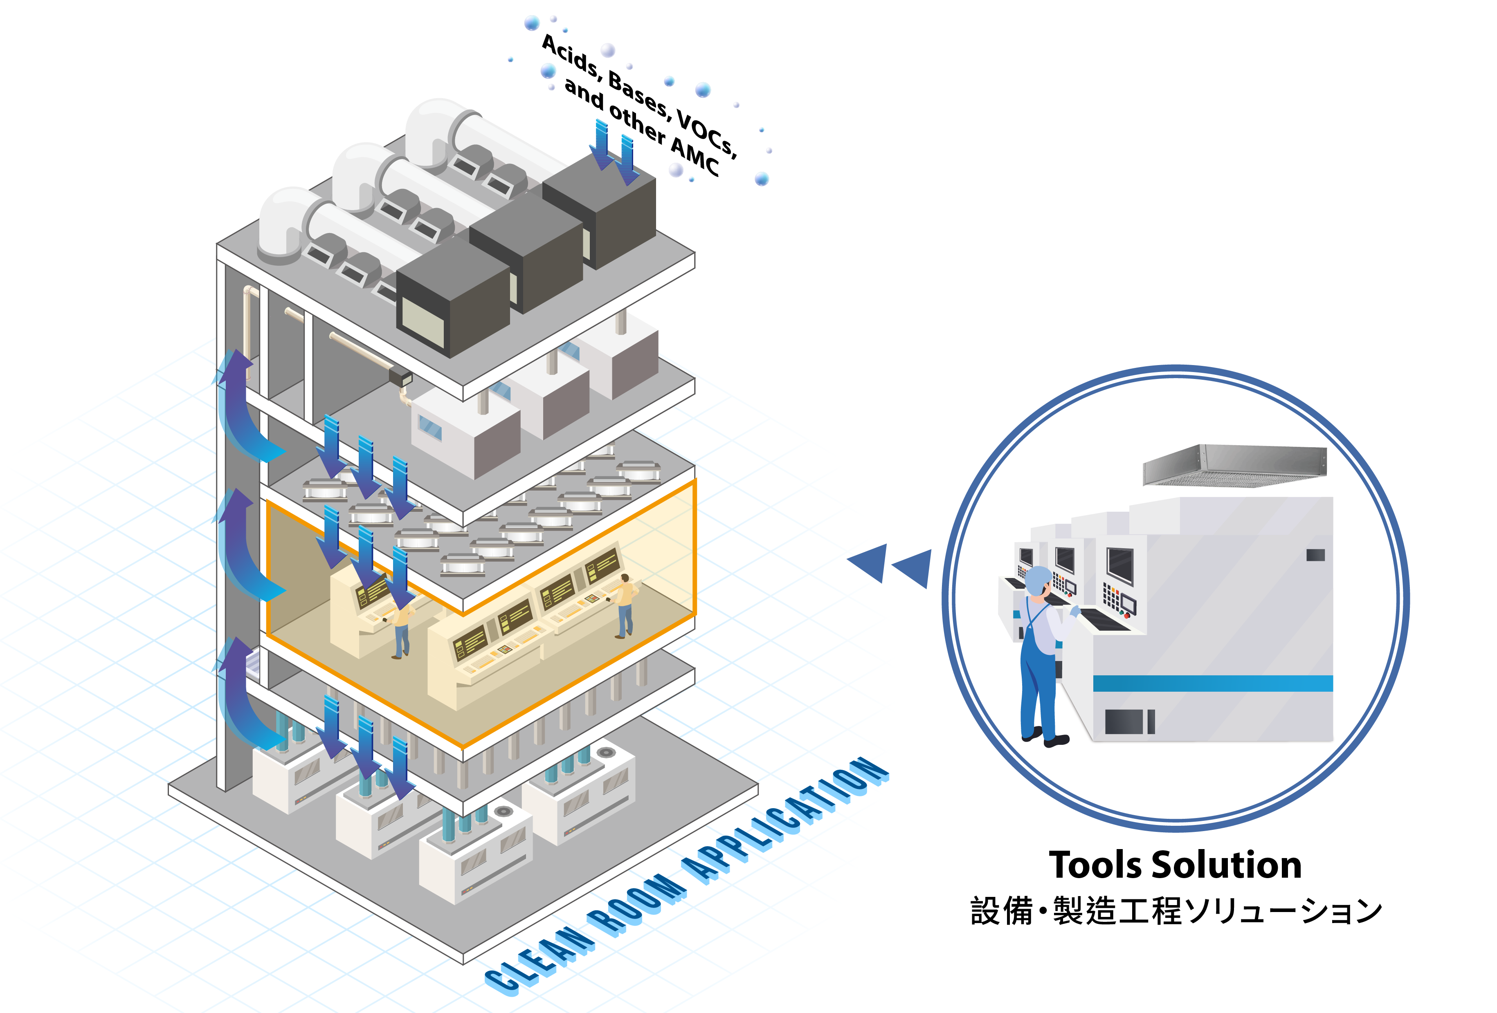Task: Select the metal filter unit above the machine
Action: click(1234, 465)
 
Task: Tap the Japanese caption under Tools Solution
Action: click(1176, 911)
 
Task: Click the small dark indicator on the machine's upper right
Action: click(1315, 555)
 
